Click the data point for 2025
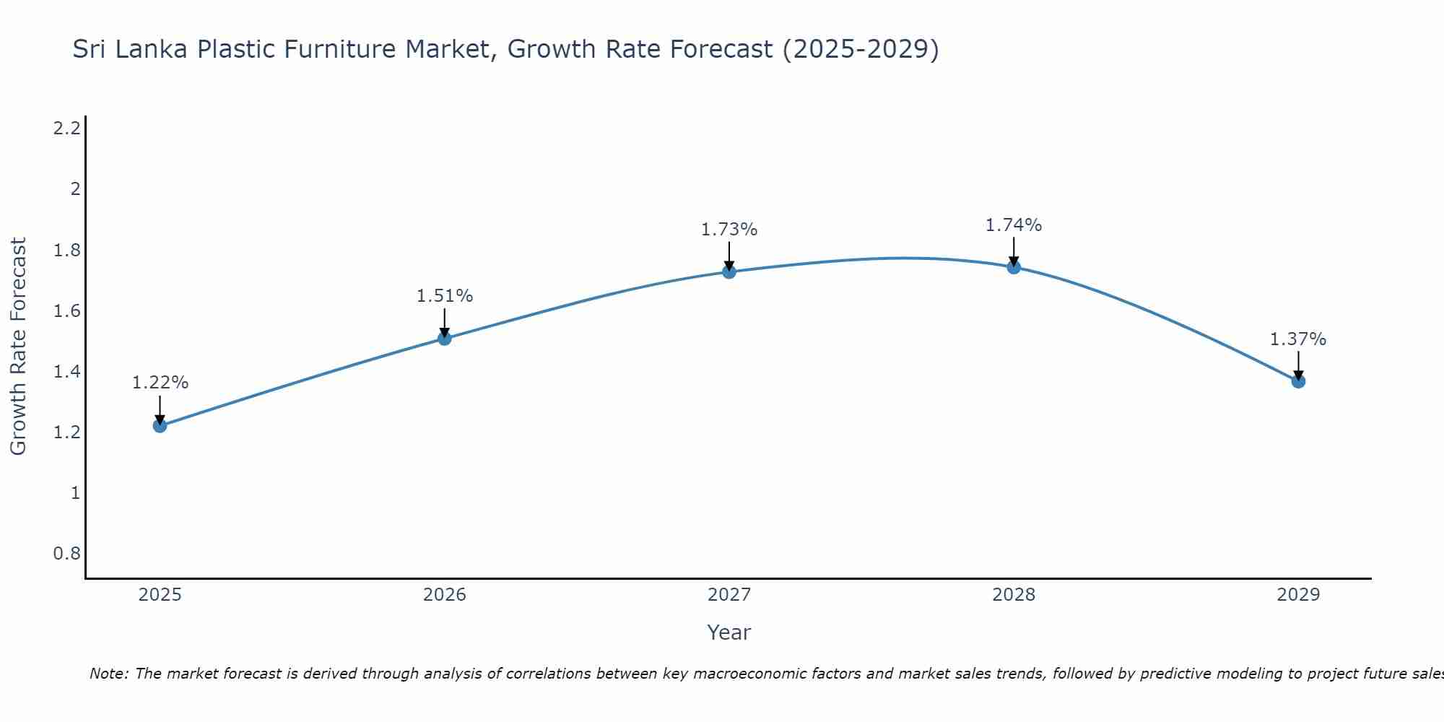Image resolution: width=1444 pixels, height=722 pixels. click(160, 425)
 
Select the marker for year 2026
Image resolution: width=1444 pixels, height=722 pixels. click(444, 338)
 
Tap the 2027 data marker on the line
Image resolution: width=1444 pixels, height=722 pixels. click(729, 271)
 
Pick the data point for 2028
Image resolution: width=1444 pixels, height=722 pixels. click(1014, 267)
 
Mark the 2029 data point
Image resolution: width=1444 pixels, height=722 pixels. click(1298, 381)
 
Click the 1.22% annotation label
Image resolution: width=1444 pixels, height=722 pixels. click(160, 383)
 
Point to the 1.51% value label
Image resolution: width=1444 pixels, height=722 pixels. click(444, 296)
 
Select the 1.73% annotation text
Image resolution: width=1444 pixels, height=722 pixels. click(729, 230)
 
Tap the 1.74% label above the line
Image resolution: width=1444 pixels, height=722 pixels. click(1014, 225)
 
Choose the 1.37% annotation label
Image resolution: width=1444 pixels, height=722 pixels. click(1298, 339)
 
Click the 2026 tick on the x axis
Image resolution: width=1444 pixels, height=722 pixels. click(444, 595)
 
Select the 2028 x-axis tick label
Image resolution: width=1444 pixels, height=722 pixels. click(1014, 595)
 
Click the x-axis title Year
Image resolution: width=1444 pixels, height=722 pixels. click(729, 632)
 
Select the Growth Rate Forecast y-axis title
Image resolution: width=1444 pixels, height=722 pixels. click(18, 347)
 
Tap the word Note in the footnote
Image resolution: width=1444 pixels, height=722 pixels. click(108, 674)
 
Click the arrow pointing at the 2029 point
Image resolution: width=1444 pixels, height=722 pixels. click(1298, 365)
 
